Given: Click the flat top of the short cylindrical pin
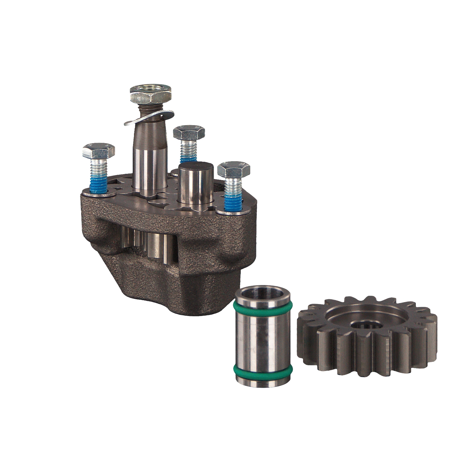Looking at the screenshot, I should [x=192, y=167].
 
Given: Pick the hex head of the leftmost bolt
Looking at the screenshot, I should [x=98, y=151].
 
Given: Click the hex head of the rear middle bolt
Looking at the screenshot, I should [x=189, y=132].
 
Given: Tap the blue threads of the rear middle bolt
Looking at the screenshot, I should [x=188, y=154].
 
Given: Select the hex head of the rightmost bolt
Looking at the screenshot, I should [x=234, y=170].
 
